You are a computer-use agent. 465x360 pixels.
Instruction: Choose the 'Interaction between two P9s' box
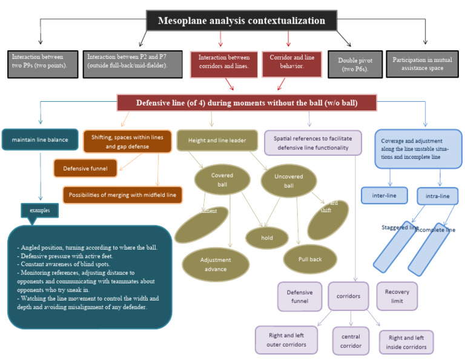pos(43,64)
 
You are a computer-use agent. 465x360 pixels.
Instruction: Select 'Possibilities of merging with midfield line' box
pos(123,195)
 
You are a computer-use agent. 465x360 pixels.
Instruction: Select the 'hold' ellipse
pos(266,238)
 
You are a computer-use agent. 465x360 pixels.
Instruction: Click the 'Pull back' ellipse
pos(309,259)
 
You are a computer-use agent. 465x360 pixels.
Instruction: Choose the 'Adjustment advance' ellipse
pos(216,264)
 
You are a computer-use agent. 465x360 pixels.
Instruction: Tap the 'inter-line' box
pos(383,196)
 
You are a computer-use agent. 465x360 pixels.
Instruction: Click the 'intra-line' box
pos(437,196)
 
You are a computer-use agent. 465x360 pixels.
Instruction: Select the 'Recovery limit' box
pos(397,296)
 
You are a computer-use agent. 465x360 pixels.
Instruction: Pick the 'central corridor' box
pos(351,341)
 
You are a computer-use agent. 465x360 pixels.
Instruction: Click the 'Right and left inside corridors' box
pos(406,342)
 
